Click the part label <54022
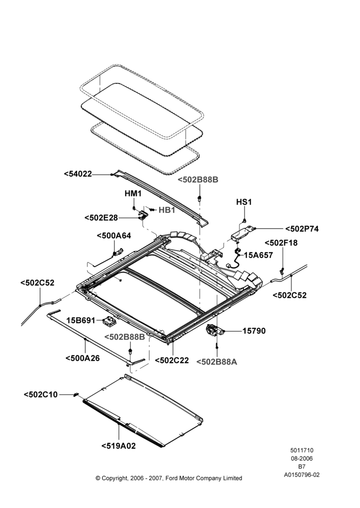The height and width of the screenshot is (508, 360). (x=78, y=174)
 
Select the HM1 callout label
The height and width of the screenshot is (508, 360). (x=133, y=194)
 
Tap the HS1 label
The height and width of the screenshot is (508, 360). (x=244, y=202)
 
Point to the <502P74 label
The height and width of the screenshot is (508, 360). (x=302, y=229)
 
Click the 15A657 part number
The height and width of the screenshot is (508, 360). (x=258, y=255)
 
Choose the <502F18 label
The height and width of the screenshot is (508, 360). (x=281, y=243)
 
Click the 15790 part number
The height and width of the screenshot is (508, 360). (x=254, y=331)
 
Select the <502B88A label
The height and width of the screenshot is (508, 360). (x=217, y=362)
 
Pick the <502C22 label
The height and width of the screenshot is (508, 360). (x=172, y=360)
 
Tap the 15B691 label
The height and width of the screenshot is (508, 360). (x=81, y=321)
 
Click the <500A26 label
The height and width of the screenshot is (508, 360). (x=82, y=358)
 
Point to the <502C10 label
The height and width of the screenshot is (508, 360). (x=41, y=394)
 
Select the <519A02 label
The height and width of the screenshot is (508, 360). (x=118, y=446)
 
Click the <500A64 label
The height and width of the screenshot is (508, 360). (x=114, y=236)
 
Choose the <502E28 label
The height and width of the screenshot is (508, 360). (x=101, y=218)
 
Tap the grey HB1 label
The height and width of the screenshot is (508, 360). (x=167, y=210)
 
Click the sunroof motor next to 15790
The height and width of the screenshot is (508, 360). (x=215, y=330)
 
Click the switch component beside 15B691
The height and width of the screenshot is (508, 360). (x=109, y=321)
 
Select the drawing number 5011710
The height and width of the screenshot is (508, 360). (x=302, y=450)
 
